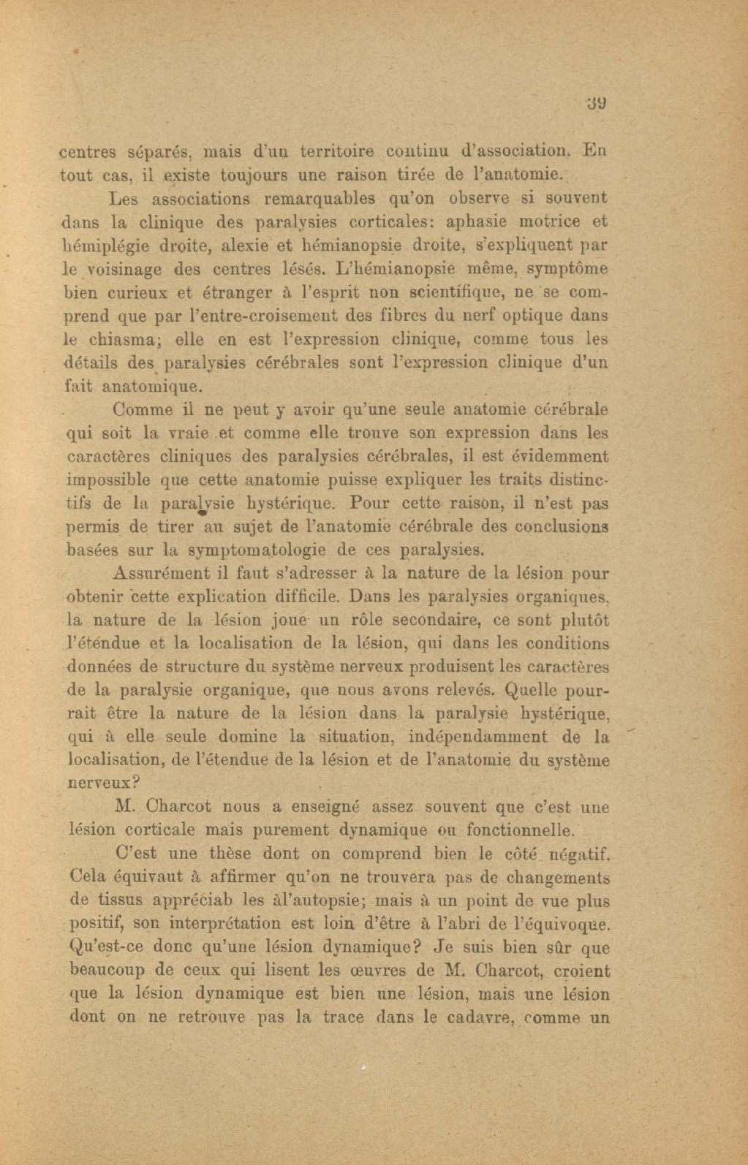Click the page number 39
pyautogui.click(x=597, y=103)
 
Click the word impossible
pyautogui.click(x=107, y=480)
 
